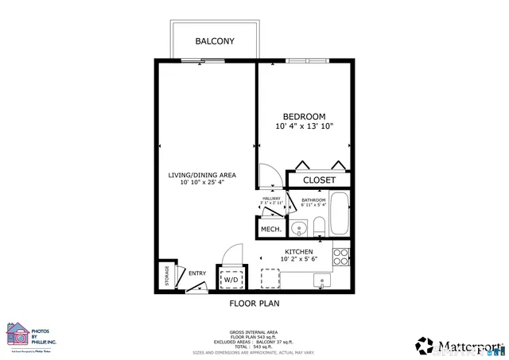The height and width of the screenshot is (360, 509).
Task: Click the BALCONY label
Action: click(215, 41)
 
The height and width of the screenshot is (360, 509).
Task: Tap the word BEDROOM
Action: click(304, 117)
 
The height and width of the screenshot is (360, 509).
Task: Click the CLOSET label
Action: click(318, 180)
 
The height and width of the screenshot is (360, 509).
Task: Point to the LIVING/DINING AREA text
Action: click(201, 175)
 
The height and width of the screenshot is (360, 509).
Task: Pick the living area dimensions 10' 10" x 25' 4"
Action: click(201, 183)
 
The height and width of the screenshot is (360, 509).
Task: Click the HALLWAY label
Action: click(271, 199)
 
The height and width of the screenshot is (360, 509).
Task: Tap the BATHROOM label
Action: click(313, 200)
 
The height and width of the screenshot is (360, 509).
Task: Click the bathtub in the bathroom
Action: click(340, 214)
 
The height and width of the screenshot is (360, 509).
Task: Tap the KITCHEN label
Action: click(299, 251)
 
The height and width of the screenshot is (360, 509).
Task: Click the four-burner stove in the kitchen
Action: click(340, 257)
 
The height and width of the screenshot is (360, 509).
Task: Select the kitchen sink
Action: click(323, 280)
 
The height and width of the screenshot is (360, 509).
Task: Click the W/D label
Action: click(231, 280)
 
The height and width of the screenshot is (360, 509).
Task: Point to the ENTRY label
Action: click(196, 274)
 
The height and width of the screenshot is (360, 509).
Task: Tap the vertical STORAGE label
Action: click(167, 276)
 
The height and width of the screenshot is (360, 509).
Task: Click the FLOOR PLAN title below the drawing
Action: click(254, 303)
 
